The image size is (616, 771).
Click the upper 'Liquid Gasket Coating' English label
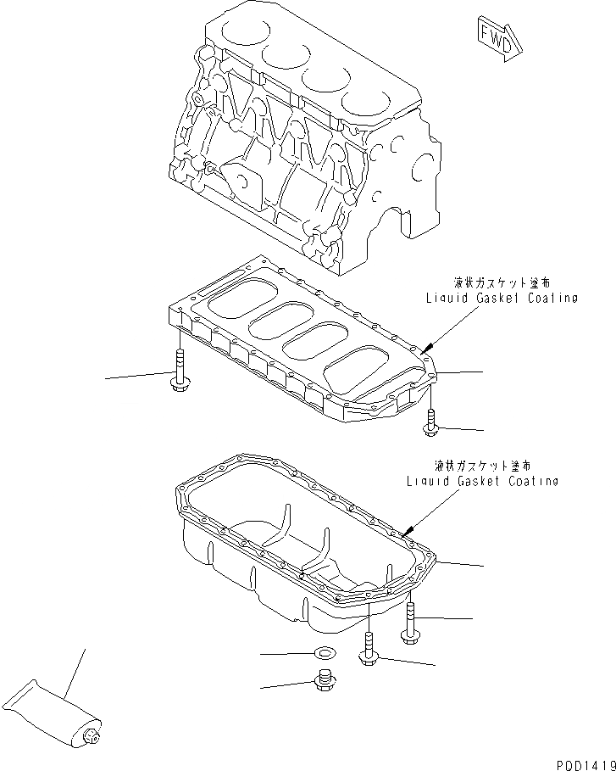(502, 298)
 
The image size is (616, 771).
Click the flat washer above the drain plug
(323, 653)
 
